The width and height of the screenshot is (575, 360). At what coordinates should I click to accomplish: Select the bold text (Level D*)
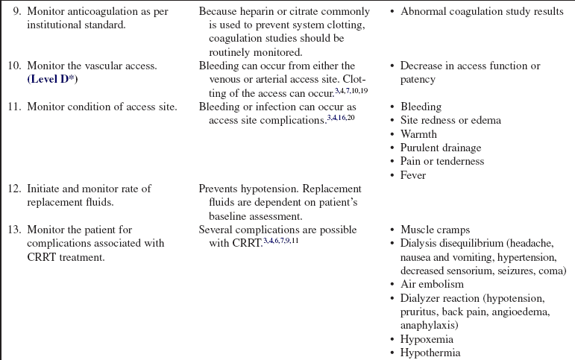[53, 79]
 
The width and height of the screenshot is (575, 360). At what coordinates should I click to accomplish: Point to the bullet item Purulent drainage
[441, 148]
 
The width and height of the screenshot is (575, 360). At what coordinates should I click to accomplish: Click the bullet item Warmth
[419, 134]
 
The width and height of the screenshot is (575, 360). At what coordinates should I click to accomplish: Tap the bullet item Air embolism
[432, 283]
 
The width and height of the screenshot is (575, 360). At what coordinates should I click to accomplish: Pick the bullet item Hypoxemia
[427, 338]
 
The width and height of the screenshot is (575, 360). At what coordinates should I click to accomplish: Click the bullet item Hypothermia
[430, 352]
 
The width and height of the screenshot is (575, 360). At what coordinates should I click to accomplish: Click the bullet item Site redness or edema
[450, 121]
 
